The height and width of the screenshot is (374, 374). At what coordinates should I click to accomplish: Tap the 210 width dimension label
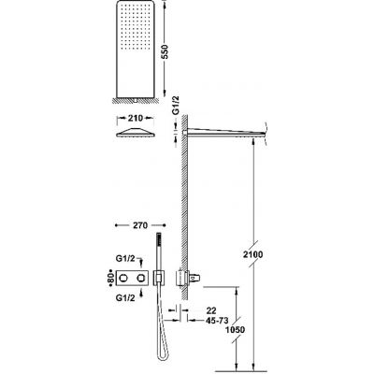coord(136,119)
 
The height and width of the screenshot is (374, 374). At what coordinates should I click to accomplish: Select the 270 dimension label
coord(140,225)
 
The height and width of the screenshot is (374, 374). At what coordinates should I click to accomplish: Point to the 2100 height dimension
coord(253,254)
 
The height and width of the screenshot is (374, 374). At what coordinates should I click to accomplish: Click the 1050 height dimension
coord(236,329)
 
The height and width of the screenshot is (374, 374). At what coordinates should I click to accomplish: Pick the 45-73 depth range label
coord(217,320)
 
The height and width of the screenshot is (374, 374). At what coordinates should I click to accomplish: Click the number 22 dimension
coord(211,310)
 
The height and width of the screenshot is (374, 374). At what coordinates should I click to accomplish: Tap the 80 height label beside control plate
coord(109,277)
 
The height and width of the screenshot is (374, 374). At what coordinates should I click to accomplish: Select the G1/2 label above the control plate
coord(125,258)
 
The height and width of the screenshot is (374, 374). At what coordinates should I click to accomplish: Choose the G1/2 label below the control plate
coord(125,298)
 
